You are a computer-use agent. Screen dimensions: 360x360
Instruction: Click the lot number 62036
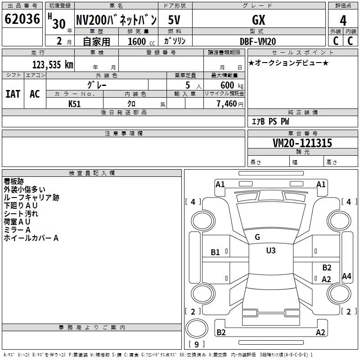(22, 19)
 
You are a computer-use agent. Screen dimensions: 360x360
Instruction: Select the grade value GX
(258, 20)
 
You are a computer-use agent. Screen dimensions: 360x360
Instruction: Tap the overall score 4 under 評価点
(343, 21)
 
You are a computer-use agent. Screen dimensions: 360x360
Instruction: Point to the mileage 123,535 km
(53, 65)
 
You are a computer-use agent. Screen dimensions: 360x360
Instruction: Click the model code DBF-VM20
(257, 41)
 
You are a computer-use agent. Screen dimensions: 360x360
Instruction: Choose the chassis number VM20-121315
(302, 143)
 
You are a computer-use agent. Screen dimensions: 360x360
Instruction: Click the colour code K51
(74, 104)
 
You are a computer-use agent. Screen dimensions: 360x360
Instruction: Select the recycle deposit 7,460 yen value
(230, 104)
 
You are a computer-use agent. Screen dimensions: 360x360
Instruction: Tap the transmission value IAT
(13, 94)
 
